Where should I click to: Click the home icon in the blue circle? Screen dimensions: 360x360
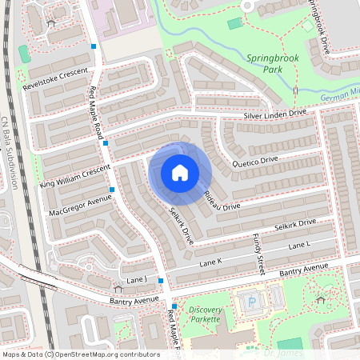click(x=180, y=173)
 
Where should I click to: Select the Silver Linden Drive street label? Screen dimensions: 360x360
click(x=274, y=115)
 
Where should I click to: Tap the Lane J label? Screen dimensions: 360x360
click(x=136, y=279)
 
